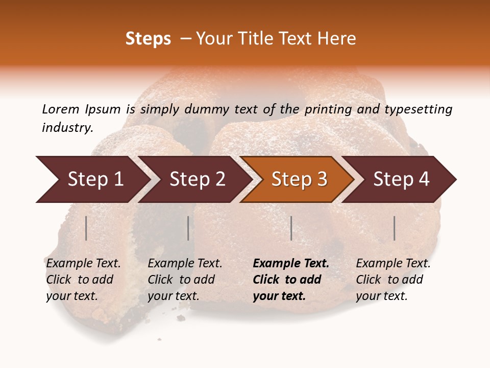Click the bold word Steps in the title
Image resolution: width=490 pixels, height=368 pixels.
click(x=148, y=39)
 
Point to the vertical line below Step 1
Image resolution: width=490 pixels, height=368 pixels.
click(x=86, y=228)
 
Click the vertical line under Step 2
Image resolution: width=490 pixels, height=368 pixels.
click(x=188, y=228)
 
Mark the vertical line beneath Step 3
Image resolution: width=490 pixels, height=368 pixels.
click(x=291, y=228)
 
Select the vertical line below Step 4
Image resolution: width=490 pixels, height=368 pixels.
click(x=395, y=228)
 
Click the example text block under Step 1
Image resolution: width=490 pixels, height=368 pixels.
click(x=83, y=280)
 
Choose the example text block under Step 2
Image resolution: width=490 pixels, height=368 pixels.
click(x=185, y=280)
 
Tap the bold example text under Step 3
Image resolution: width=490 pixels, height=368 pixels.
click(x=291, y=280)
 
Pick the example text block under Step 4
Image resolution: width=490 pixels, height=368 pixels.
click(x=393, y=280)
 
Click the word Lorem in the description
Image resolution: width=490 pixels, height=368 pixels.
click(x=61, y=109)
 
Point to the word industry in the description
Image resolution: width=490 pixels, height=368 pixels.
click(x=67, y=128)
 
